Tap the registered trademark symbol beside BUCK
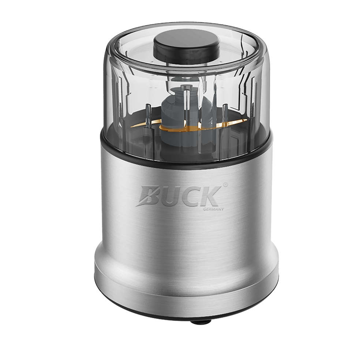tap(225, 184)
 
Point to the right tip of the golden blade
tap(247, 120)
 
